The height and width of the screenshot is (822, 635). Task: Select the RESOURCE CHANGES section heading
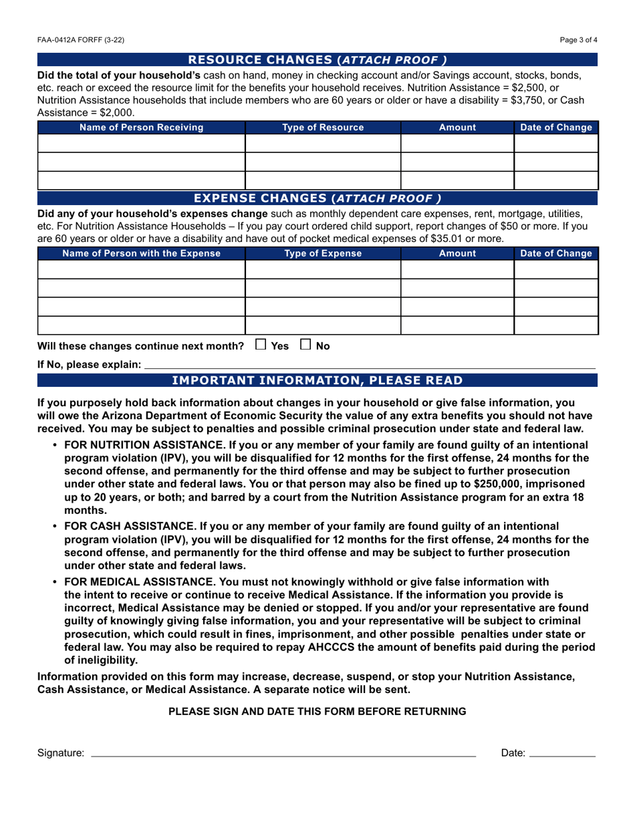coord(317,59)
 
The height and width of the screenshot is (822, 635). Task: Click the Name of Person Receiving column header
coord(142,127)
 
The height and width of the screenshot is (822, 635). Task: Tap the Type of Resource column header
coord(323,127)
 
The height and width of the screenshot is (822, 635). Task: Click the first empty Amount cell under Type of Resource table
coord(457,144)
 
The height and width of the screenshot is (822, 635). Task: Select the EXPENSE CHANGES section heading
coord(317,198)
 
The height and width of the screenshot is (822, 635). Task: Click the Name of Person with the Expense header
coord(142,253)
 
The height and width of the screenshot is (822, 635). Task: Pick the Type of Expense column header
coord(323,253)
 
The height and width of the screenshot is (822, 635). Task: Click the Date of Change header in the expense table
coord(555,253)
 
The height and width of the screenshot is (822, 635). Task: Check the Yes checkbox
coord(261,346)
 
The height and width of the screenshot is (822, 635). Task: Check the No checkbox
coord(305,346)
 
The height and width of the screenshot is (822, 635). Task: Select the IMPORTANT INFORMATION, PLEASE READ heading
coord(317,381)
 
